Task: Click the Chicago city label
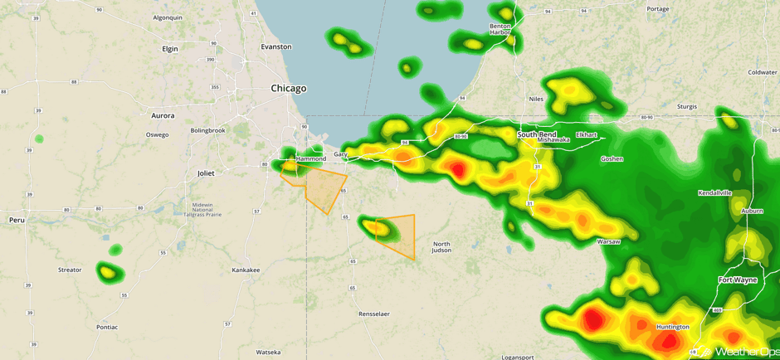coord(288,88)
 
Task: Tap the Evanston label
coord(276,46)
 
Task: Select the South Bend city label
coord(537,134)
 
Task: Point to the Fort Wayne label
coord(737,280)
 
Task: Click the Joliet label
coord(205,173)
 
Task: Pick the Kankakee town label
coord(246,270)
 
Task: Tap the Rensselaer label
coord(373,314)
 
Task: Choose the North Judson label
coord(441,247)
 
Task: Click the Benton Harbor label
coord(500,29)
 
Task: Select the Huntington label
coord(672,327)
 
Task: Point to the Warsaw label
coord(608,241)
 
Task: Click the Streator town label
coord(70,270)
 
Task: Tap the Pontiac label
coord(107,327)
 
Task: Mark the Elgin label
coord(170,49)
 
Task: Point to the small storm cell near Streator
coord(106,271)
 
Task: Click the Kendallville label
coord(714,192)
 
